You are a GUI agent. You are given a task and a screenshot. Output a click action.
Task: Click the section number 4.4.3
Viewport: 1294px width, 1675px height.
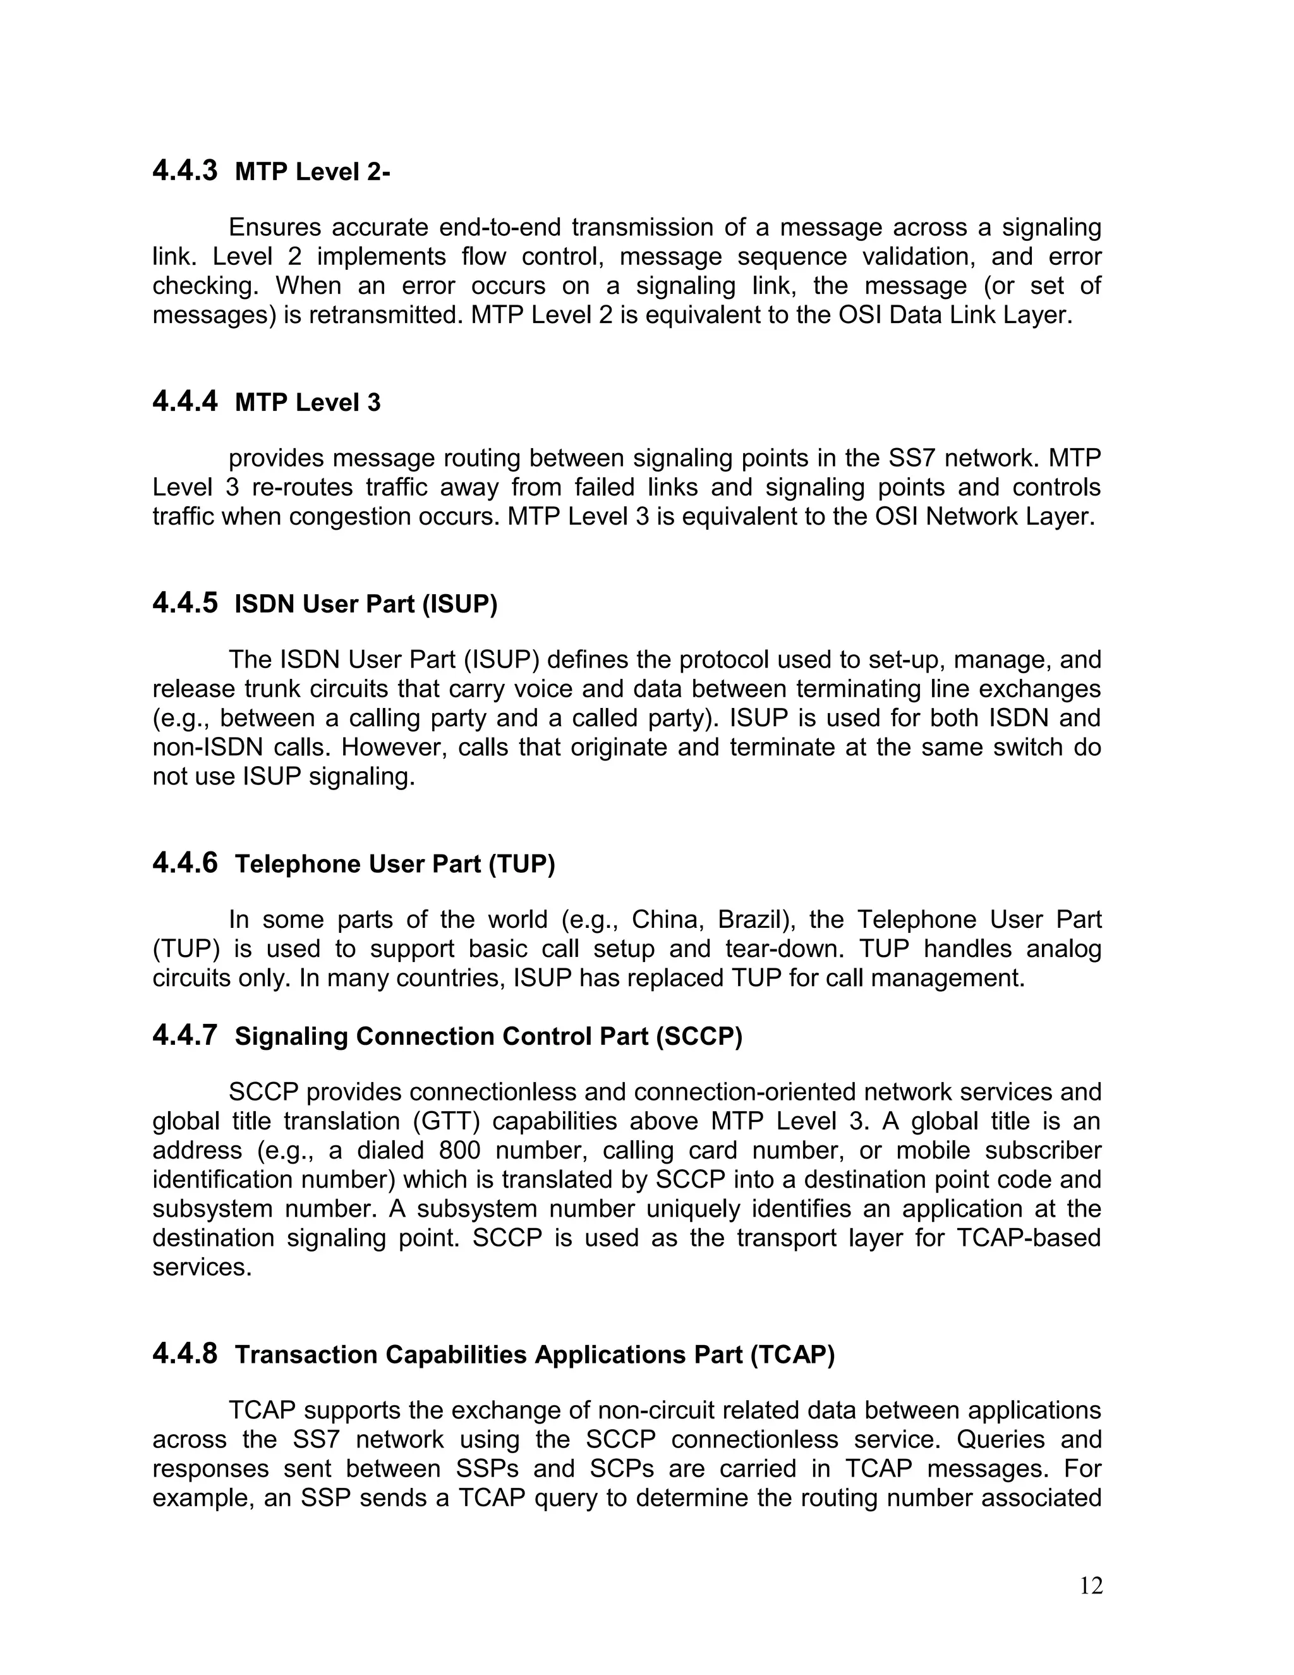click(184, 170)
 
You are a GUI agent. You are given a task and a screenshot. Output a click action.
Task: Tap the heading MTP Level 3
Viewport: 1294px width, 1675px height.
click(308, 403)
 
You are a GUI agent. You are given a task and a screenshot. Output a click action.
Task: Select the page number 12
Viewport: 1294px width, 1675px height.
click(1091, 1585)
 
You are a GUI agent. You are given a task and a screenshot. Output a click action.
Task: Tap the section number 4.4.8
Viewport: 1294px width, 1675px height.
click(184, 1354)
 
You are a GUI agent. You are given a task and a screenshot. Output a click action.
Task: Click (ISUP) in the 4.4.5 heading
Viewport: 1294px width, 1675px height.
click(459, 604)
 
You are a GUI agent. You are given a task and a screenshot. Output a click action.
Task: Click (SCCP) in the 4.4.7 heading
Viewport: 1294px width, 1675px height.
click(698, 1037)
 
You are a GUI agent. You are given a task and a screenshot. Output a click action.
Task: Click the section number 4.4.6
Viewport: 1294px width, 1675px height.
click(184, 863)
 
